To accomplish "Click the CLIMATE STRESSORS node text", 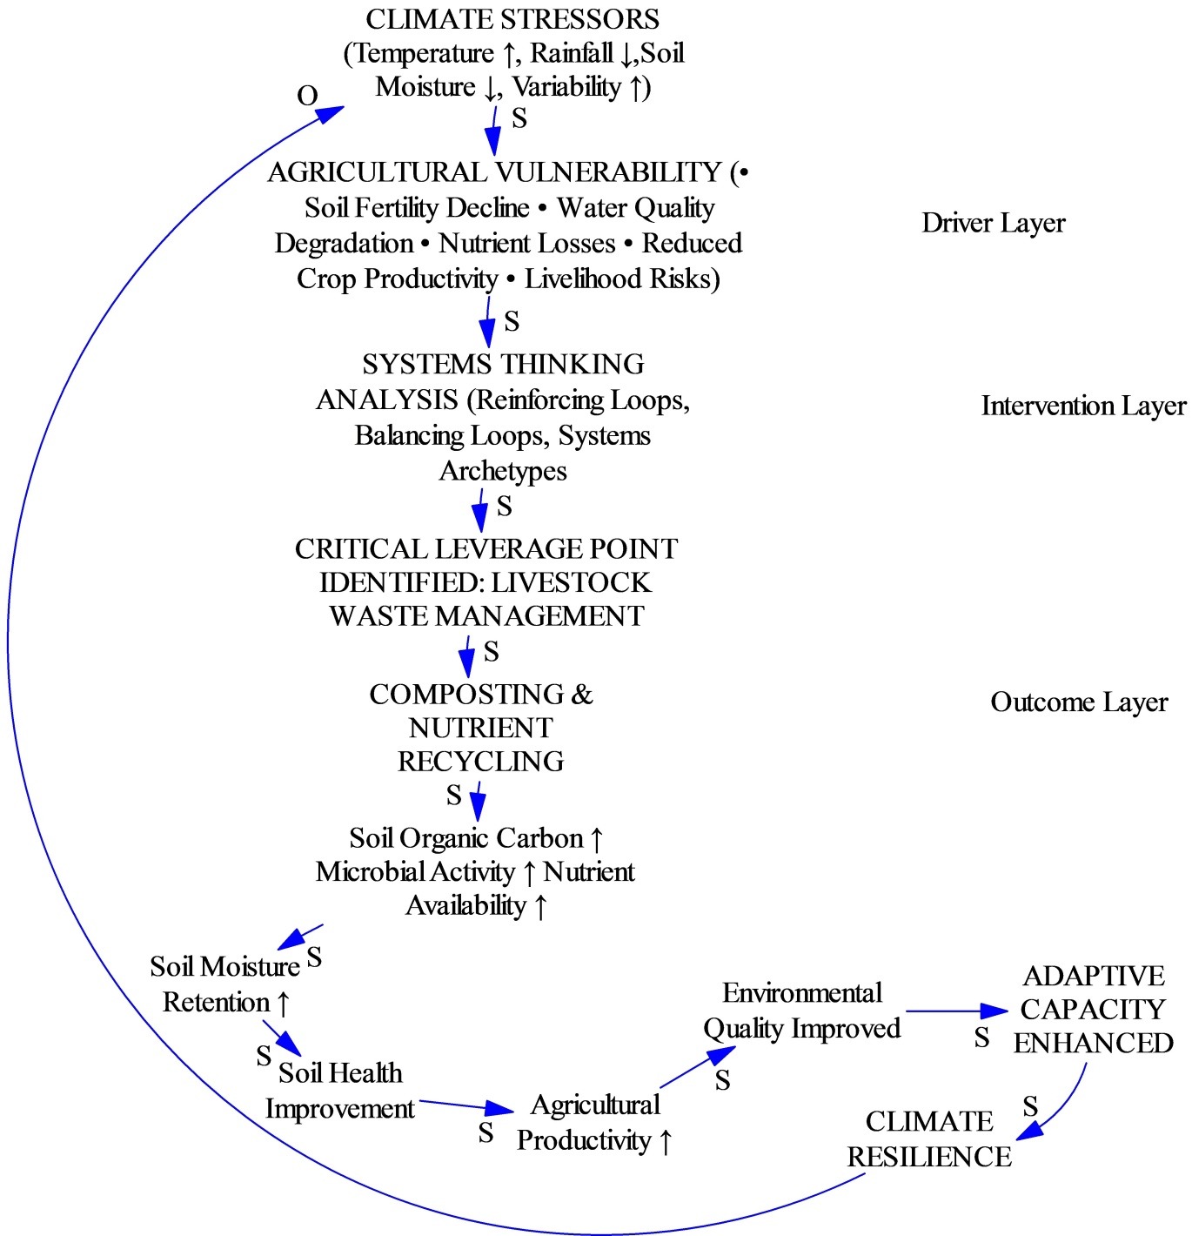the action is click(x=513, y=53).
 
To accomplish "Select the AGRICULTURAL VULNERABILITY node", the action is click(x=507, y=225).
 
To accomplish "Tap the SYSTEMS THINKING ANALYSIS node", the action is click(x=502, y=417).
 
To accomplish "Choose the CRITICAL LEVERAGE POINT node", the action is click(x=486, y=582).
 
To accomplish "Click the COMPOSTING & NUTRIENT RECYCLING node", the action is click(x=481, y=728).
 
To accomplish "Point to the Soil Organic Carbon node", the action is click(x=476, y=871).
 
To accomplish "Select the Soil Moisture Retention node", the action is click(x=224, y=984).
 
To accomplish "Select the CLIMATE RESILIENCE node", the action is click(x=929, y=1139).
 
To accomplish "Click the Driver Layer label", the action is click(x=994, y=223).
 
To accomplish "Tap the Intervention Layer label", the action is click(x=1083, y=406).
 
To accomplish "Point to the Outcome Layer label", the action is click(x=1079, y=702).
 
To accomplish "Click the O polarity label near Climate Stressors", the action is click(x=307, y=96).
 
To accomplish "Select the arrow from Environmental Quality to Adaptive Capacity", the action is click(x=956, y=1011).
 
